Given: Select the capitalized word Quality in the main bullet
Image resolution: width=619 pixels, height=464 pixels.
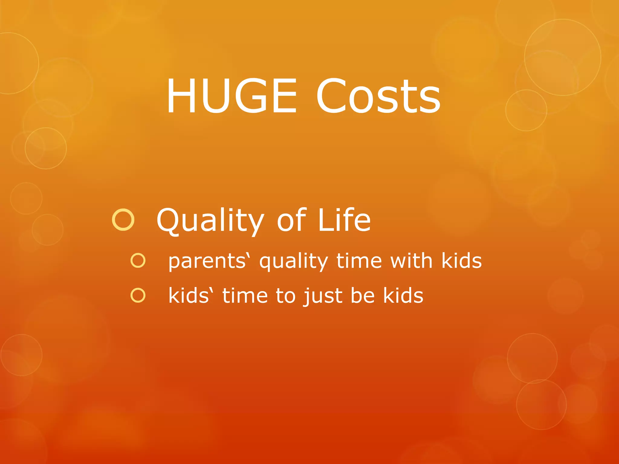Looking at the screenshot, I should [210, 221].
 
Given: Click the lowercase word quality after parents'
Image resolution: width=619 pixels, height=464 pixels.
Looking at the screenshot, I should [293, 261].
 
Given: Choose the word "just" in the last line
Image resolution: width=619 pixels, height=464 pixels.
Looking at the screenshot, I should [323, 296].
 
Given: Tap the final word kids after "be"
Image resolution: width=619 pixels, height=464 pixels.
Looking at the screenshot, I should [403, 295].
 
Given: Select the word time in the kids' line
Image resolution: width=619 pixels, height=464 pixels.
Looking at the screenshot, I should [245, 295].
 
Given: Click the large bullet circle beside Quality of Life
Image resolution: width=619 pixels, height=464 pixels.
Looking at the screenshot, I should [123, 220].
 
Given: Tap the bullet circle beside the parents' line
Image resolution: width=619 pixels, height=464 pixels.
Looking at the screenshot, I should [138, 261].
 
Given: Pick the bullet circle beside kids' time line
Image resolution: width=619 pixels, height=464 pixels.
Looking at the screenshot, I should [138, 295].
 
